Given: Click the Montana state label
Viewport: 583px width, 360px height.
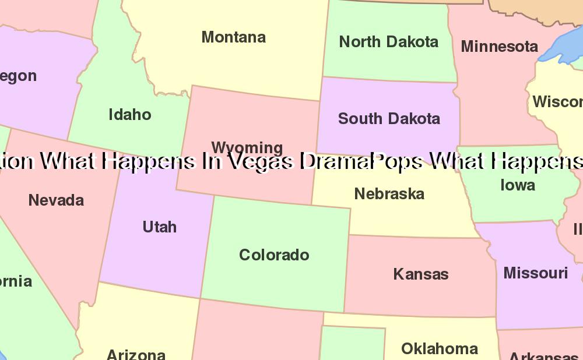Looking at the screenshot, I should [233, 37].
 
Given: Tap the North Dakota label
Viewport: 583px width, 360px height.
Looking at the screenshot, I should [388, 42].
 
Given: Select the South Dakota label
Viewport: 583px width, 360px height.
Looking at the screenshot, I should [389, 119].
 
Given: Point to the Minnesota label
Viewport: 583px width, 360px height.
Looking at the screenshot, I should [499, 47].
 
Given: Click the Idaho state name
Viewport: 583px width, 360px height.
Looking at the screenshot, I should [129, 115].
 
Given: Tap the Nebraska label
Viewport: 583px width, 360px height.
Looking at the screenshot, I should [389, 194].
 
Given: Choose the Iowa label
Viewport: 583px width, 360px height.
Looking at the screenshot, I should [517, 185].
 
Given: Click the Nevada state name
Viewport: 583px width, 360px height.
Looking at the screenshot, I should [56, 200].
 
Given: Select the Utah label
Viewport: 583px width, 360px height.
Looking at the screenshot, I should [159, 227].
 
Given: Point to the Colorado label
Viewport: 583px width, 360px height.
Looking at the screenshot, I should [274, 255].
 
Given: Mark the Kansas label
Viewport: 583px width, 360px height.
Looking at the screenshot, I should [420, 274].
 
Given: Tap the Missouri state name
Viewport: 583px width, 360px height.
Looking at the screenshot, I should [535, 273].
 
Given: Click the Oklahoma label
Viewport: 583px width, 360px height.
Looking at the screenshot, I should [440, 349].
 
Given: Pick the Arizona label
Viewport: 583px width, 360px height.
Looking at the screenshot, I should [136, 354].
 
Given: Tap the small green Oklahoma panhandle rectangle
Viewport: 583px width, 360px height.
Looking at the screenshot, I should [352, 344].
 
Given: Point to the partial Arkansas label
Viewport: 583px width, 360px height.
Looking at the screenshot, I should [543, 356].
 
